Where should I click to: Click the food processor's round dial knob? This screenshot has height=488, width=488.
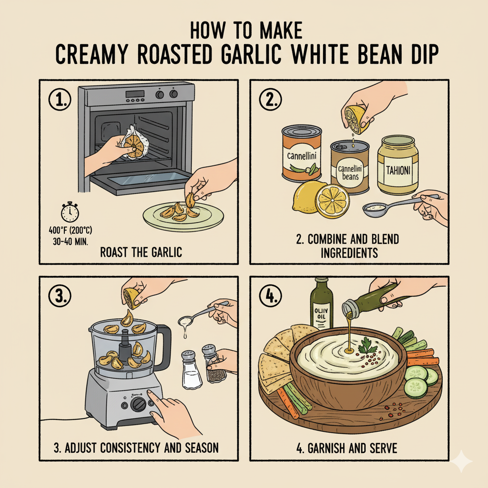click(139, 404)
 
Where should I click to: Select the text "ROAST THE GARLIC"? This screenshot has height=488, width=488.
click(141, 252)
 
